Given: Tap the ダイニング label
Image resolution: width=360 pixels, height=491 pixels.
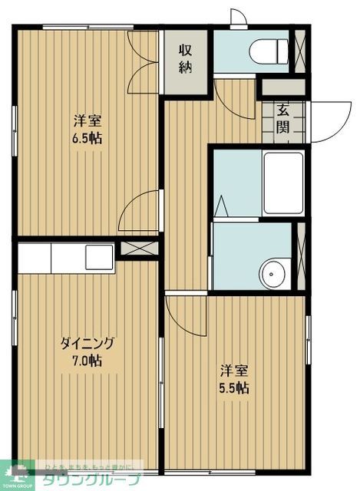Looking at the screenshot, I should coord(88,343).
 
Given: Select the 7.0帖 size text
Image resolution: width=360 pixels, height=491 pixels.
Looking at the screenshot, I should coord(88,360).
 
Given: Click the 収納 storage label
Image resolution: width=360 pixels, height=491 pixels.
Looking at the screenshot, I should coord(186,58).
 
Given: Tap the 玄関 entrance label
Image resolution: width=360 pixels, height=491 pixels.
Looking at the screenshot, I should coord(283,117).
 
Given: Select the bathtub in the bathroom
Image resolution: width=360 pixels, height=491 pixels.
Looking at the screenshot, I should coord(282,183).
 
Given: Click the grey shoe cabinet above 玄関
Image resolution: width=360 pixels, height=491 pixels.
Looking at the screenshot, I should coord(283,87).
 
